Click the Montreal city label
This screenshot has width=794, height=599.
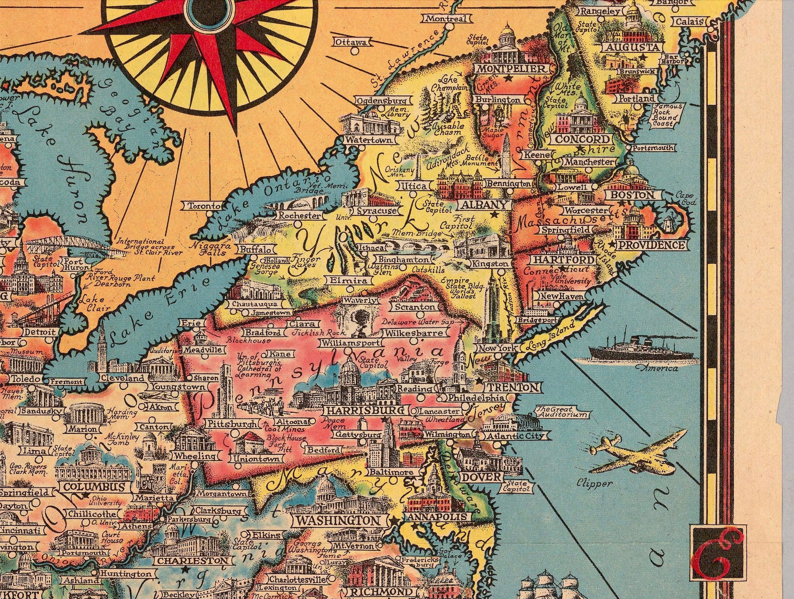446,19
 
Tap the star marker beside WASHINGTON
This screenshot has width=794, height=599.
395,521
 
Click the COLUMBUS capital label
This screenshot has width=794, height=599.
94,487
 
